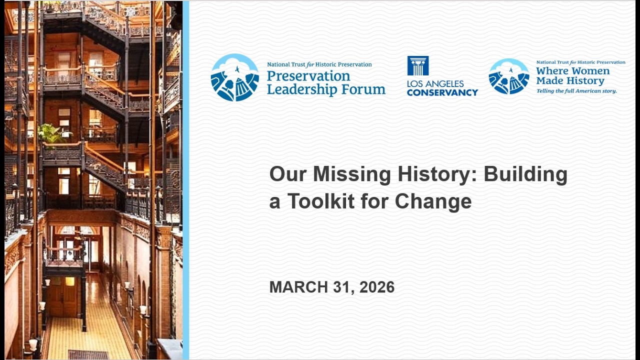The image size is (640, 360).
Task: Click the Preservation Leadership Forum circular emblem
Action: coord(235,77)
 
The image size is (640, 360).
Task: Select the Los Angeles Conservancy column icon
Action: coord(417,65)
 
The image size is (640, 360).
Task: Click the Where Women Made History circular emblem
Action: coord(509,76)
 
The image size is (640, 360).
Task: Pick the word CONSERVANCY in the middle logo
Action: coord(442,92)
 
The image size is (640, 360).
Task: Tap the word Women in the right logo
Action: coord(591,71)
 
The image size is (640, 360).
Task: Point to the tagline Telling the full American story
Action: coord(576,91)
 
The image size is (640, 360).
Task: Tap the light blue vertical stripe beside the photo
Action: coord(185,180)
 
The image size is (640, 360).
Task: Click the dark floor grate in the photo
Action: coord(88,354)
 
